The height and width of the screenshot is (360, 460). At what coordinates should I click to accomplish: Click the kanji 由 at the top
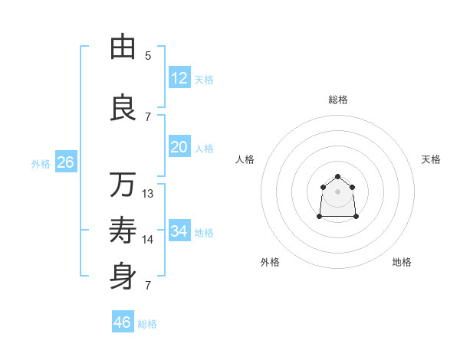coord(123,47)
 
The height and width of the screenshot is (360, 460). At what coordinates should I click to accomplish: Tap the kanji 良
coord(123,107)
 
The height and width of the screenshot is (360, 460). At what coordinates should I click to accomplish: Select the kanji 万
coord(123,185)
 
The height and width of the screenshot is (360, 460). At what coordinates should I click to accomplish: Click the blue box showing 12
coord(179,78)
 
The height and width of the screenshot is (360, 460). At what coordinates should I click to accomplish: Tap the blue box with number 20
coord(179,147)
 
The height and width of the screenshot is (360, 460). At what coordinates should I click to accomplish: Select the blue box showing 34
coord(179,231)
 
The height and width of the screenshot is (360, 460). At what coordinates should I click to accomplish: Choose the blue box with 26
coord(65,162)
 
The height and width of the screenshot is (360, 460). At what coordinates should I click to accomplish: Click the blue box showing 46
coord(122,322)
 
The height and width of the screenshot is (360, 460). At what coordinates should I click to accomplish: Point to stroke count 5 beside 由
coord(148,56)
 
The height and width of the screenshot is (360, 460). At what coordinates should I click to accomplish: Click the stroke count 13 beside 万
coord(148,194)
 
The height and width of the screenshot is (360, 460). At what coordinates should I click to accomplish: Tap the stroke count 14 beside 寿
coord(148,240)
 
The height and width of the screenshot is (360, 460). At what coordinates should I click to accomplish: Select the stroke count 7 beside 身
coord(148,286)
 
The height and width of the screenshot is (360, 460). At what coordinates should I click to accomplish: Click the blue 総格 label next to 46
coord(147,324)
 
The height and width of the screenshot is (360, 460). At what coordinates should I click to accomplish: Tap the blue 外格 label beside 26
coord(40,164)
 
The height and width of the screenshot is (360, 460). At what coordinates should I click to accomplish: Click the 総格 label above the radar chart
coord(337,100)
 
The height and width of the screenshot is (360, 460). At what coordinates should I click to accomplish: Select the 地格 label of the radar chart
coord(402,262)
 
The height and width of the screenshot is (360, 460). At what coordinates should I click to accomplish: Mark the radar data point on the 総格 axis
coord(337,177)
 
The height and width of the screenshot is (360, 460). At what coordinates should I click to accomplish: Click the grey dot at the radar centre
coord(337,191)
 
